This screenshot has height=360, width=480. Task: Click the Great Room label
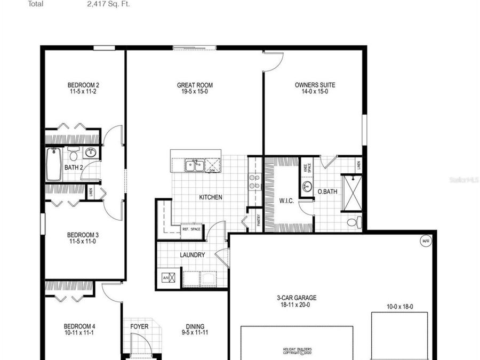coord(195,85)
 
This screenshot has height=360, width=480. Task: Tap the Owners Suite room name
coord(315,85)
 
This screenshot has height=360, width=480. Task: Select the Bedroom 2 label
coord(83,85)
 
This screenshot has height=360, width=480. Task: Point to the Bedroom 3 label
coord(83,235)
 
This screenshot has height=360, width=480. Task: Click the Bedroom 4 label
coord(79,326)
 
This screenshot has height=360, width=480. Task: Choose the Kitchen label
coord(211,197)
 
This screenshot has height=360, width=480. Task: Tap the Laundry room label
coord(192,255)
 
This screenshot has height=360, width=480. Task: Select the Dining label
coord(195,327)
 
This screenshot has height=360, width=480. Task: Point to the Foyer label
coord(139,327)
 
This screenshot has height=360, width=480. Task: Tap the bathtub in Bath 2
coord(54,164)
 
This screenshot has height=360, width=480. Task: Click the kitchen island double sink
coord(194,165)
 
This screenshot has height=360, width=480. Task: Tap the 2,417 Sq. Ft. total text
coord(108,4)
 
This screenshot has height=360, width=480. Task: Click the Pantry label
coord(259,220)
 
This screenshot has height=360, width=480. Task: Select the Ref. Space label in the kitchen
coord(191,229)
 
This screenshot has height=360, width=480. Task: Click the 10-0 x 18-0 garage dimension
coord(400,307)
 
